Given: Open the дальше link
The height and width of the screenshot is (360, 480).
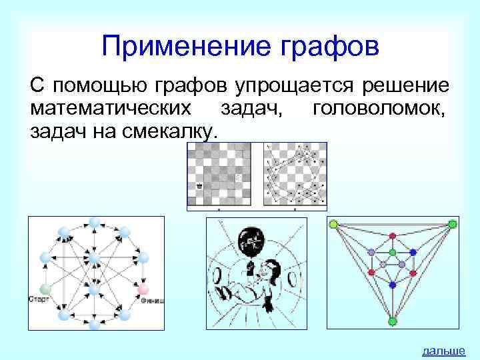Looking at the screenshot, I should pos(443,351).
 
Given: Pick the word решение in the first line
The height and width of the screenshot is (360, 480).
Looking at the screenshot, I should pos(408,86).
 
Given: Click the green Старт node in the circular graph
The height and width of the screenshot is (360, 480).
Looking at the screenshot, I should pos(45,289).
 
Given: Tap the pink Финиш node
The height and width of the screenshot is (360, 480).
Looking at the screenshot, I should pos(143,289).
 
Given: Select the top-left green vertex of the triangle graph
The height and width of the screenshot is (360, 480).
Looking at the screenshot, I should pos(333,223).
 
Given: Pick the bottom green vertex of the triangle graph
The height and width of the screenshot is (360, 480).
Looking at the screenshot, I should pos(393,321).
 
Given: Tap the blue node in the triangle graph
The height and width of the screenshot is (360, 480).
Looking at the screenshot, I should pos(393,285).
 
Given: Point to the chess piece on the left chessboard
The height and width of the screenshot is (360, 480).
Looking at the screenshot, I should pos(199,186).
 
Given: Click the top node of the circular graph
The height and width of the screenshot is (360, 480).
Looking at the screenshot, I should pos(95,222).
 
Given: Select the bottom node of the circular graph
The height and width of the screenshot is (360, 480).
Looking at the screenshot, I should pos(95,323).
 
